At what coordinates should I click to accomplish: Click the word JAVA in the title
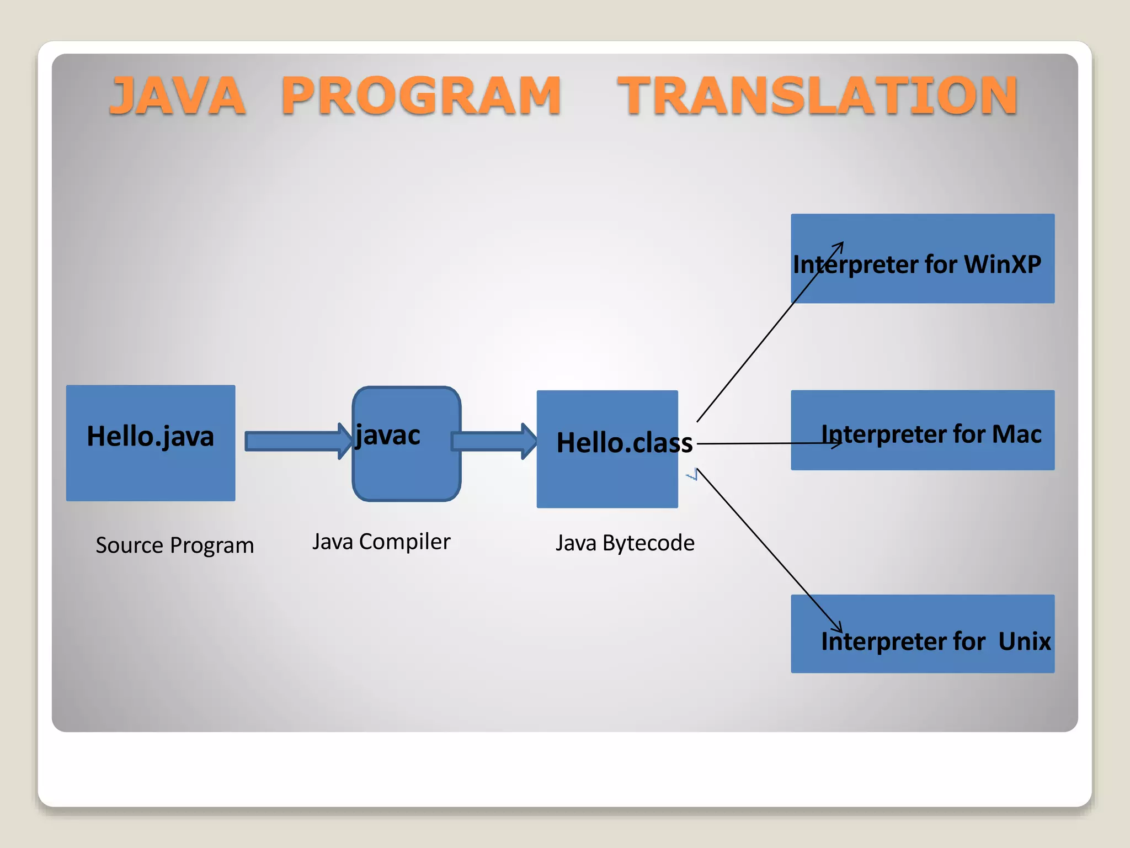tap(178, 96)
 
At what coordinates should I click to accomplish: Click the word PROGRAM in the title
tap(422, 96)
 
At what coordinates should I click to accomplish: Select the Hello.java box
tap(151, 469)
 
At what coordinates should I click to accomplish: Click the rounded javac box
tap(407, 469)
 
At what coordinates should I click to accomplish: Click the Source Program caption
tap(174, 545)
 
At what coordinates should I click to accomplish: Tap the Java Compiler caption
tap(381, 542)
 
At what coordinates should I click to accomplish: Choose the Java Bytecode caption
tap(625, 543)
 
